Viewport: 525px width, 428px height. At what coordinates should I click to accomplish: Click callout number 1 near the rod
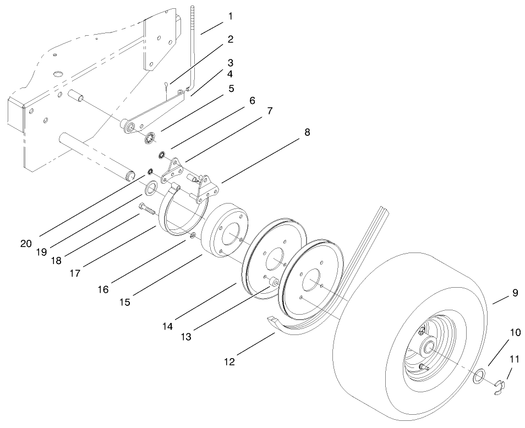[x=230, y=17]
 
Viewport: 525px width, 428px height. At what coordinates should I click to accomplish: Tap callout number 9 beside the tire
[x=515, y=293]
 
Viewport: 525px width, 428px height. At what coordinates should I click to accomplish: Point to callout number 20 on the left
[x=26, y=243]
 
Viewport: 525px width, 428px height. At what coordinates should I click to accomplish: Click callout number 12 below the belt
[x=229, y=361]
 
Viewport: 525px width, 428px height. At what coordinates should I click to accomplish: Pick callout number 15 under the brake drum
[x=125, y=302]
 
